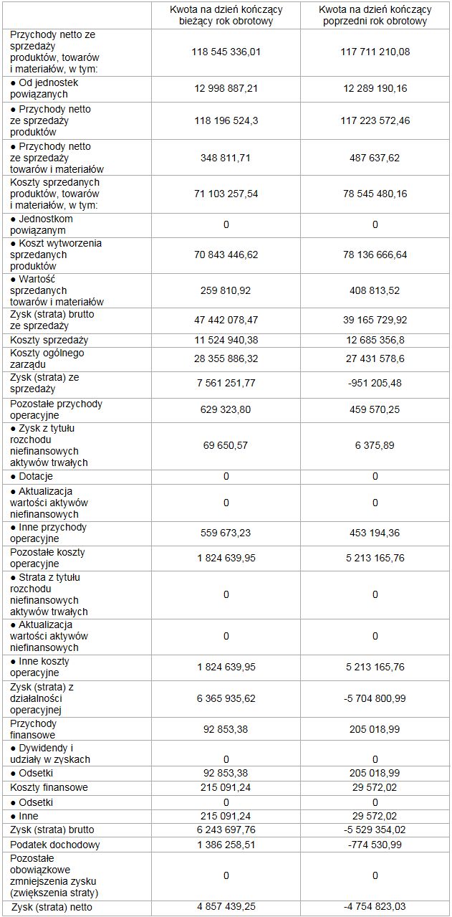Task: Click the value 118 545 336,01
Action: [226, 52]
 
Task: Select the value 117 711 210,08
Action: [375, 52]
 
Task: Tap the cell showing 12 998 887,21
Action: [226, 88]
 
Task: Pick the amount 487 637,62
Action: [375, 158]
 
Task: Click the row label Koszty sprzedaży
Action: [49, 340]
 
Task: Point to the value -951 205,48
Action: [375, 383]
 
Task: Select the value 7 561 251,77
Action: [226, 383]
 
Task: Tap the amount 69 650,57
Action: [226, 445]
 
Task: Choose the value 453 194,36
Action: [375, 533]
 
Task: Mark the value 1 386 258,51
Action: [226, 845]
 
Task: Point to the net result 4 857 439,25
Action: [226, 907]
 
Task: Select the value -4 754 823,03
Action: [375, 907]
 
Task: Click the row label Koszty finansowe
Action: [49, 787]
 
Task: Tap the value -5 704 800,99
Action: [375, 698]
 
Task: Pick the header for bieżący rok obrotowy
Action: [226, 15]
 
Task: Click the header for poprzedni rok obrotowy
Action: [375, 15]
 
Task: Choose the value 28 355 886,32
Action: [226, 358]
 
